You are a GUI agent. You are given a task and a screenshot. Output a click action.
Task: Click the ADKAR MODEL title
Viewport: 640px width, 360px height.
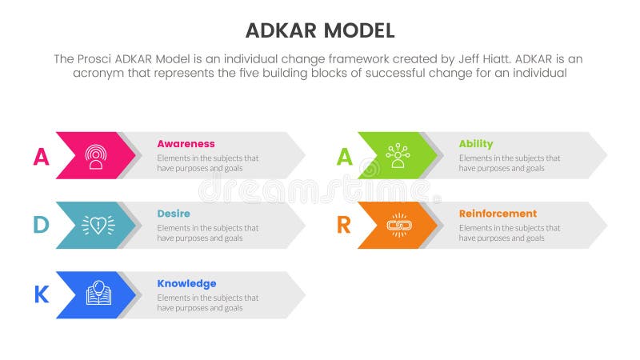319,31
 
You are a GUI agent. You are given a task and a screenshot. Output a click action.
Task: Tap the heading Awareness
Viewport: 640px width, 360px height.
186,144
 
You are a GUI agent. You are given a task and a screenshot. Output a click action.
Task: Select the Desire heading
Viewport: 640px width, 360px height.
174,214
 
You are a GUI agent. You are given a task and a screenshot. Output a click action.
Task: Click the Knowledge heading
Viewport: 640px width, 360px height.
186,283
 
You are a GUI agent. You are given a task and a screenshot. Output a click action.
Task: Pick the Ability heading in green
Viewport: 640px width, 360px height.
475,144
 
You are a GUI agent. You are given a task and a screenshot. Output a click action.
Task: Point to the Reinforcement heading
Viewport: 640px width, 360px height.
498,214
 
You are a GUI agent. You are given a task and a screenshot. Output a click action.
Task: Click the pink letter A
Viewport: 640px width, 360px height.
41,157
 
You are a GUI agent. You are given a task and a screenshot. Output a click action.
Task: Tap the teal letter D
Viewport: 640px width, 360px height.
41,226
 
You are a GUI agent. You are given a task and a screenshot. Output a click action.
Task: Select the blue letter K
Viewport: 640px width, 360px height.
41,295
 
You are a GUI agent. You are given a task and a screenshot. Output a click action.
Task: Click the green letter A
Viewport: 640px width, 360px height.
343,157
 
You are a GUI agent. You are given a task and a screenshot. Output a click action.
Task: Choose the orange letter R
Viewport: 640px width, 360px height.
343,226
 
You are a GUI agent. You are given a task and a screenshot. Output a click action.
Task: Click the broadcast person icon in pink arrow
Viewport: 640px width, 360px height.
96,156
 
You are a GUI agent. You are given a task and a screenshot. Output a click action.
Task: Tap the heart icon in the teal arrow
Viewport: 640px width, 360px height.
98,226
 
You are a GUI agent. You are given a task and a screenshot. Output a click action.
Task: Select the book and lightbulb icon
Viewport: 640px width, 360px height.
98,294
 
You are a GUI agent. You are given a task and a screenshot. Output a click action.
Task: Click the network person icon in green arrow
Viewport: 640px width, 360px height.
398,155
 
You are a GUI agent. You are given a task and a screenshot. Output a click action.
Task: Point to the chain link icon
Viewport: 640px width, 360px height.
398,226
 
